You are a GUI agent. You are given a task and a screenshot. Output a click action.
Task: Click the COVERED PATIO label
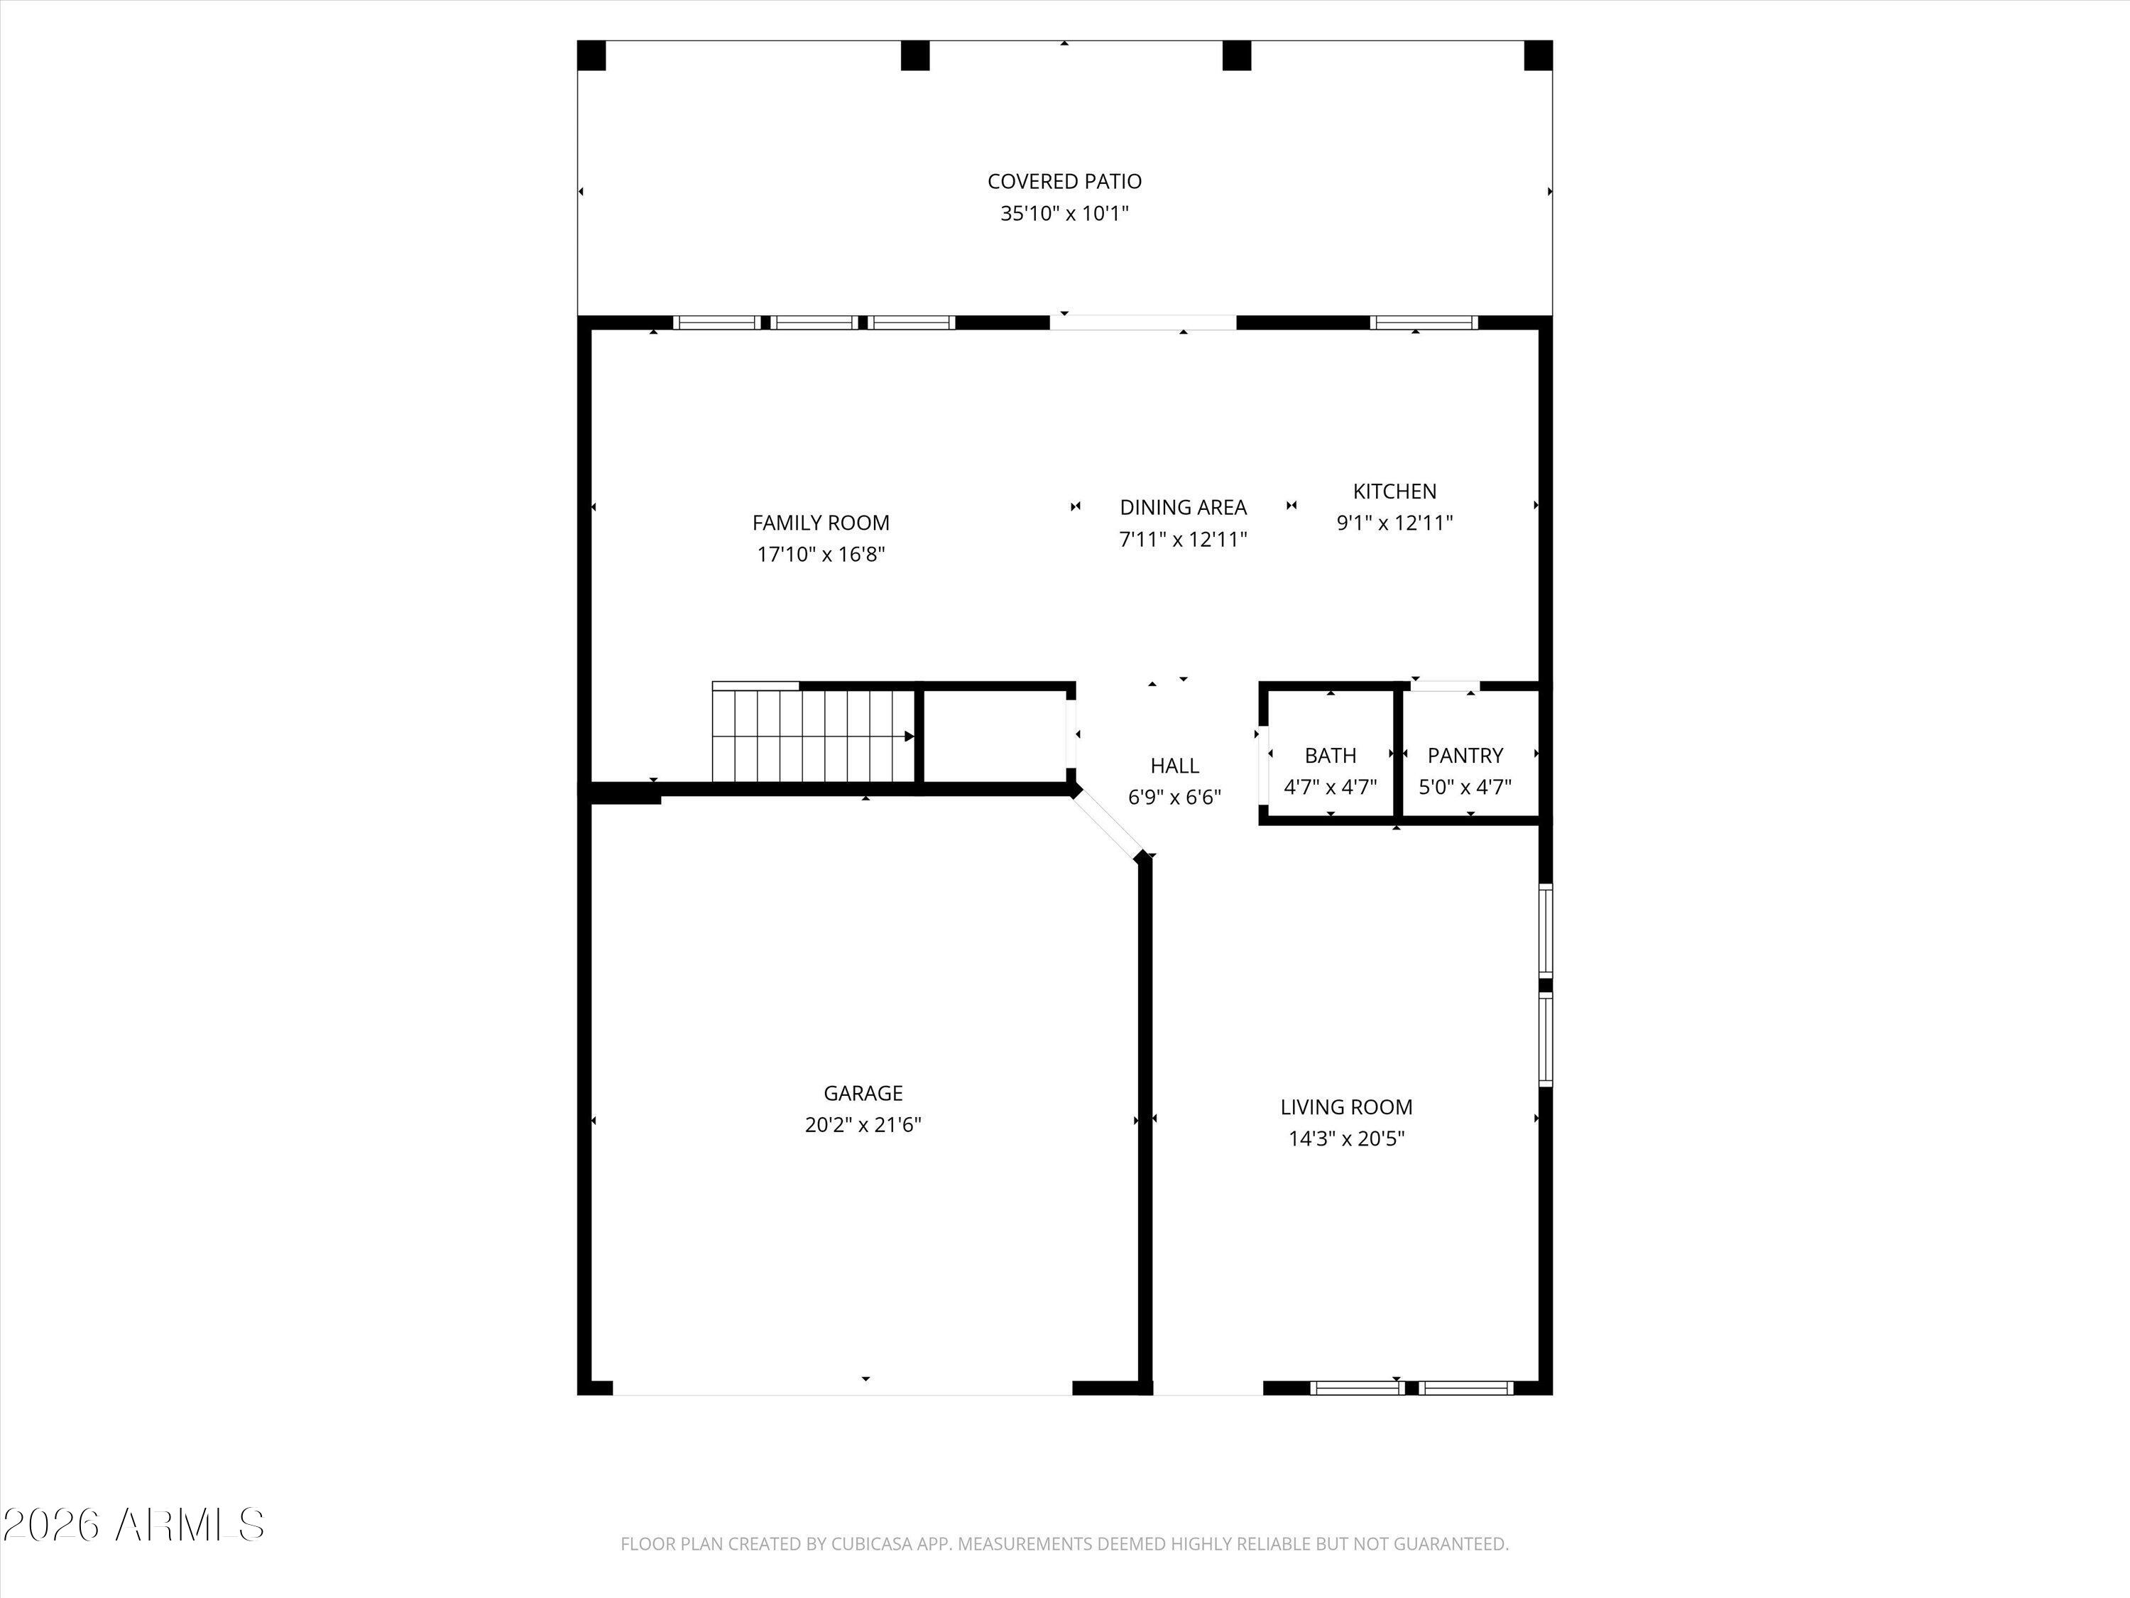tap(1064, 181)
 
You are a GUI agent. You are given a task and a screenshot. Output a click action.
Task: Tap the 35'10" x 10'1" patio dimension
tap(1064, 213)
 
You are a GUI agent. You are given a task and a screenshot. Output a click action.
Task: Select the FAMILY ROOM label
tap(821, 523)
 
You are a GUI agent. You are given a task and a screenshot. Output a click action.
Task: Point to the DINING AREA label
tap(1182, 508)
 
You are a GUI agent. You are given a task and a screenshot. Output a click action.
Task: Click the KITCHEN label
tap(1394, 491)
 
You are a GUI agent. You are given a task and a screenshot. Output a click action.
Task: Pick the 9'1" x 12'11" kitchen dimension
tap(1394, 523)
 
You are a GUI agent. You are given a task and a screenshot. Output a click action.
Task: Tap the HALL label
tap(1175, 766)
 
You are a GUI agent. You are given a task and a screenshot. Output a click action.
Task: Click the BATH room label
tap(1331, 755)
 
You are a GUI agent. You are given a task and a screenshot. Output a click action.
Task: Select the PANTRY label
tap(1465, 755)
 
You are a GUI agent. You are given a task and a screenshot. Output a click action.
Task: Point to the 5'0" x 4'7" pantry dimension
tap(1465, 787)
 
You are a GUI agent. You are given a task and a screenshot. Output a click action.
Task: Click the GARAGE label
tap(863, 1093)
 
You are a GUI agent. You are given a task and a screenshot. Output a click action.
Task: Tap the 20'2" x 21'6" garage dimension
tap(863, 1125)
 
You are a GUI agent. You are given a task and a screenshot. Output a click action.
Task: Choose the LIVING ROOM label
tap(1346, 1108)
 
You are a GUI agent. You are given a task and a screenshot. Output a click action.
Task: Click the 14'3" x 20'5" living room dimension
tap(1346, 1138)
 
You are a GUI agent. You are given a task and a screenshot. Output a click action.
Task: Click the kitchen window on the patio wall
tap(1424, 322)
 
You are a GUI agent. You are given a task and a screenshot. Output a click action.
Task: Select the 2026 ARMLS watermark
tap(133, 1525)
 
